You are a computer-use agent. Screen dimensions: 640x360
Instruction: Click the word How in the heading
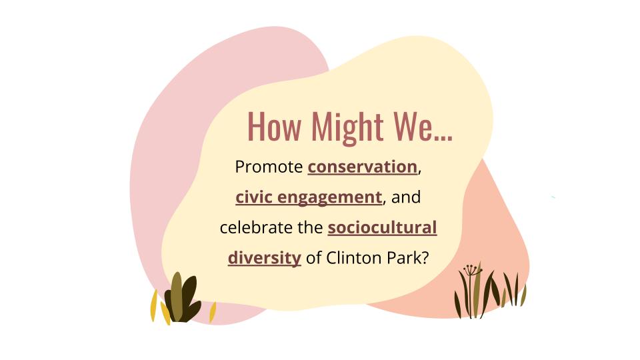(274, 127)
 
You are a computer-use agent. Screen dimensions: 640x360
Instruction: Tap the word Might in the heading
(347, 127)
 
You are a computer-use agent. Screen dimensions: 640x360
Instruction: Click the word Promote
(269, 167)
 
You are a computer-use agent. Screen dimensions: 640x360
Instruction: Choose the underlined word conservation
(363, 167)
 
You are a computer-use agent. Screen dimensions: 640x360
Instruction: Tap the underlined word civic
(254, 197)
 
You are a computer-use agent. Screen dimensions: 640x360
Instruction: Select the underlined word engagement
(330, 198)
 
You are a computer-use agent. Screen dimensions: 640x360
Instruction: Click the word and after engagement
(406, 197)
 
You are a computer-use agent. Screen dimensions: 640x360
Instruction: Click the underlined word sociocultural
(382, 228)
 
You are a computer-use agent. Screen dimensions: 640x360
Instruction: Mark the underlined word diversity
(265, 259)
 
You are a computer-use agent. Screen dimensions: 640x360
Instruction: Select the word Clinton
(353, 258)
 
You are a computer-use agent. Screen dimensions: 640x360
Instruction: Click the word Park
(401, 258)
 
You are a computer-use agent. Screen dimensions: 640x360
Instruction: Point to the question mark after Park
(425, 258)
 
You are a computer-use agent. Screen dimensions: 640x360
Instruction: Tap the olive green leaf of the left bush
(176, 296)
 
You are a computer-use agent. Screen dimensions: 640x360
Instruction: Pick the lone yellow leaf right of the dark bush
(213, 312)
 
